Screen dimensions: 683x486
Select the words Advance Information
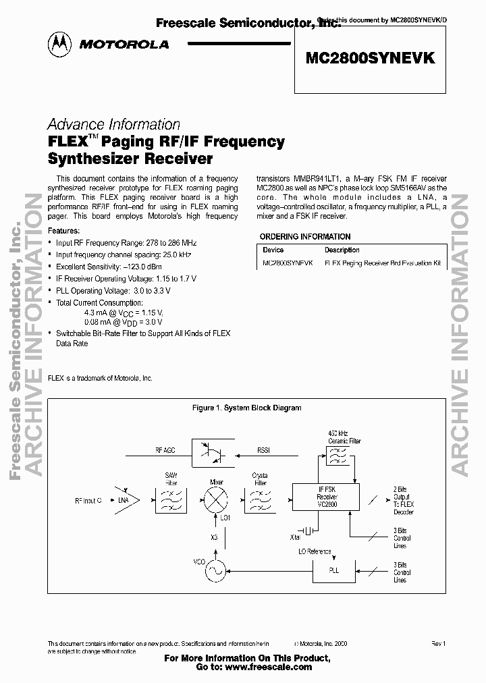(x=113, y=125)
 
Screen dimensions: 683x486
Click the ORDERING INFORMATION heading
(x=305, y=237)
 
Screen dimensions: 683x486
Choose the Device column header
(x=273, y=250)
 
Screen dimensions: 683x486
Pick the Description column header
(x=342, y=250)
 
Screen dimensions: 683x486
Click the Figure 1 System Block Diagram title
(x=246, y=408)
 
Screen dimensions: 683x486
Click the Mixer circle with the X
(x=217, y=503)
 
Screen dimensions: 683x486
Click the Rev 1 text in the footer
(x=439, y=645)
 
